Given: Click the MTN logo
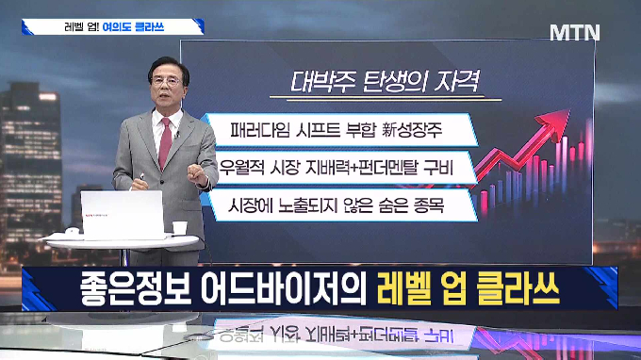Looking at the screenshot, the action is pyautogui.click(x=575, y=32).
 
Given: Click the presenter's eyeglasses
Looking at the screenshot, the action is pyautogui.click(x=166, y=80).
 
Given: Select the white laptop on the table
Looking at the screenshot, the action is pyautogui.click(x=123, y=215).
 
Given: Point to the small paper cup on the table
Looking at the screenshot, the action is pyautogui.click(x=179, y=228).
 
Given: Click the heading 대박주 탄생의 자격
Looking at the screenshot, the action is pyautogui.click(x=385, y=82).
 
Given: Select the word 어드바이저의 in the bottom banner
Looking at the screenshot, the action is pyautogui.click(x=284, y=289).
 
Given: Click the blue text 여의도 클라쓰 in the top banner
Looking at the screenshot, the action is pyautogui.click(x=133, y=27).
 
